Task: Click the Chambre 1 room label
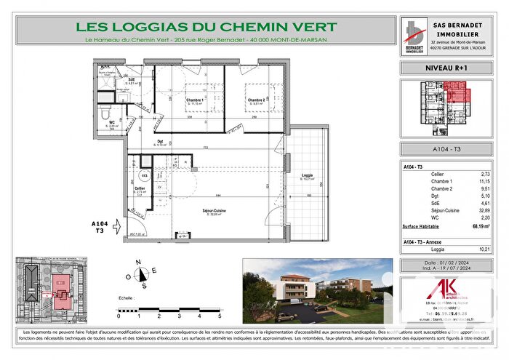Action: (x=193, y=100)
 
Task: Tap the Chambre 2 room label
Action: (x=254, y=100)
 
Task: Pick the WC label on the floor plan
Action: (x=112, y=122)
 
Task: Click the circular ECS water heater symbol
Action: (x=145, y=175)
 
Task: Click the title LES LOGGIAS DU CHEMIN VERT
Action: (x=206, y=28)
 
